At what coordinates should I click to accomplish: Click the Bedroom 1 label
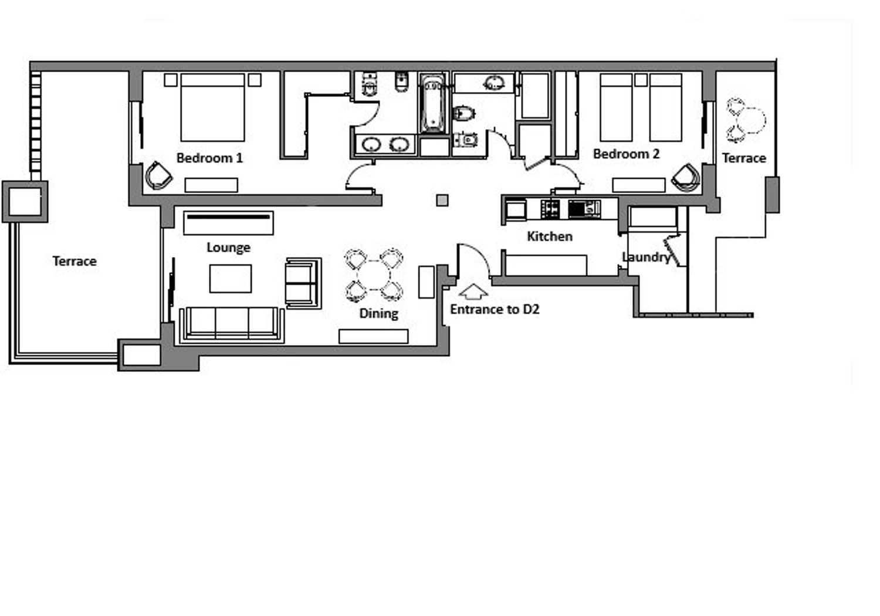209,158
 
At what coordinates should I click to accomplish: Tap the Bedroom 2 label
626,154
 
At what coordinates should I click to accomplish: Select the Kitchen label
549,236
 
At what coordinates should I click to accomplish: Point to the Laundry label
647,258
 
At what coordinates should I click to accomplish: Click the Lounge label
228,248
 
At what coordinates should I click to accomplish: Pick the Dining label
378,313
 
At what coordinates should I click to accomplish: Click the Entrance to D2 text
494,309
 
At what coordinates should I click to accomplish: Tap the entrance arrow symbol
473,292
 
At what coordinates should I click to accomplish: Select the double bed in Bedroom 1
212,107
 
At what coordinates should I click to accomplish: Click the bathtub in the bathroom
432,104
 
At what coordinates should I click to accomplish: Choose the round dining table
374,276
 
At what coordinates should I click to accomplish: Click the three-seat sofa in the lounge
231,325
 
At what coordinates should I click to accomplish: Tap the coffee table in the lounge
230,279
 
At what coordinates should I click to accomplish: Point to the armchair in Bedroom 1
158,175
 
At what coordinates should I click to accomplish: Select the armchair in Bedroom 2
686,178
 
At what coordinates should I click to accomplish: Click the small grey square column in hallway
442,201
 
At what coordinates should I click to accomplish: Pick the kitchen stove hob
550,209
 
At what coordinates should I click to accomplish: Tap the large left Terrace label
75,261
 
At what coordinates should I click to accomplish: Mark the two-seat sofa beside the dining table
303,283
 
